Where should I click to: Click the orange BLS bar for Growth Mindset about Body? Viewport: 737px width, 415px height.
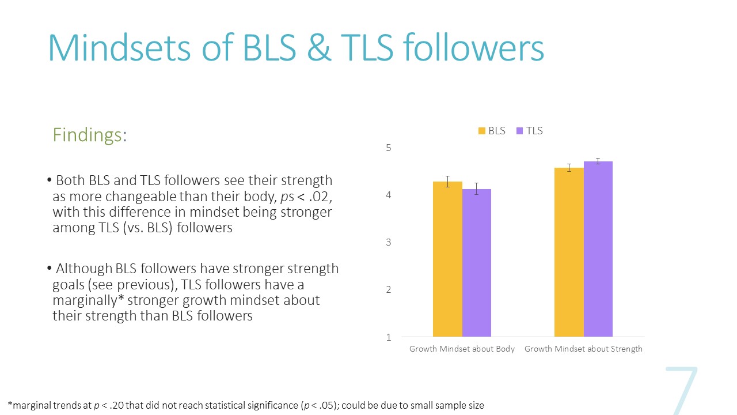447,259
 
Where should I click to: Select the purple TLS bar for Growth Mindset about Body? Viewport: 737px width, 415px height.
477,263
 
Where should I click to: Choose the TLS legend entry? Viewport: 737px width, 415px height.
530,131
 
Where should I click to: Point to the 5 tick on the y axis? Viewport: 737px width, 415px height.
389,148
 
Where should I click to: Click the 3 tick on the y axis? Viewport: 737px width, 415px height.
389,243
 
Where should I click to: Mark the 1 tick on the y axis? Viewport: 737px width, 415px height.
389,337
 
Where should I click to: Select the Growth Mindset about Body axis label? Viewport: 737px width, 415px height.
462,349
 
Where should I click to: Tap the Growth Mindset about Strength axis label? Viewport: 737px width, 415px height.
583,349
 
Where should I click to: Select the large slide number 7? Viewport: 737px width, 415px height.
682,391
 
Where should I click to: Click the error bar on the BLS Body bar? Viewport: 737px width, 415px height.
447,182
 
